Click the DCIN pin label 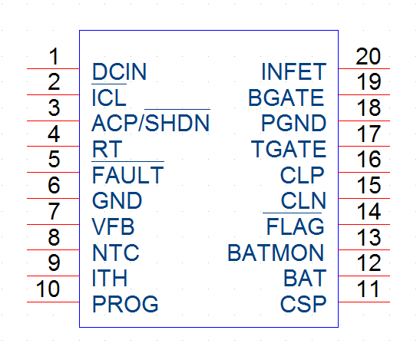(x=119, y=71)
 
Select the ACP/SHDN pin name (x=150, y=123)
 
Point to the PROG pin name (x=125, y=304)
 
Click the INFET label (x=294, y=71)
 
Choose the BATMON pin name (x=276, y=253)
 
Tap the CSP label (x=303, y=304)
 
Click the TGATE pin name (x=289, y=149)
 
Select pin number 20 (x=368, y=56)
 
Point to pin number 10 (x=48, y=289)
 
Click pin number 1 (x=54, y=56)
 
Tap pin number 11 (x=369, y=289)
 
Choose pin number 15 (x=369, y=185)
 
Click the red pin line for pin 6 (x=53, y=198)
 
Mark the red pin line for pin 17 (x=364, y=147)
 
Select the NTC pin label (x=116, y=253)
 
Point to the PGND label (x=294, y=123)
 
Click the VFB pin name (x=113, y=226)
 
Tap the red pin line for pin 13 (x=364, y=250)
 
